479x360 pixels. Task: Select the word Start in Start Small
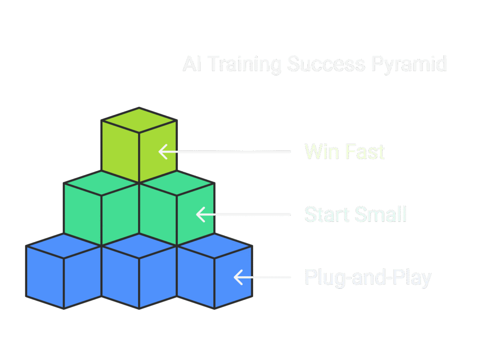pos(327,215)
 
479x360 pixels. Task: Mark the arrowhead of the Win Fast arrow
pos(162,152)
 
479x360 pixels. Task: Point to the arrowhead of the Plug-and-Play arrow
pos(237,277)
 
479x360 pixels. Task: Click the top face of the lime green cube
pos(139,120)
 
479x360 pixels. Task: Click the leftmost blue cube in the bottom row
pos(64,276)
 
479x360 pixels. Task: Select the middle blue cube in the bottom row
pos(139,276)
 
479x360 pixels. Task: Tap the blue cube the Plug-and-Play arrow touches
pos(215,276)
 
